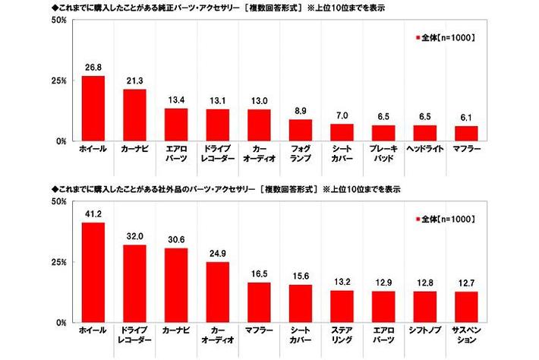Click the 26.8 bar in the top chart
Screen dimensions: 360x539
tap(93, 108)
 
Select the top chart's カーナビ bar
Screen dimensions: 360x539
tap(134, 115)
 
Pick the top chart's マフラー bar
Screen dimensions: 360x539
tap(466, 133)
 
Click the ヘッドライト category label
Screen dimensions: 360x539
tap(425, 149)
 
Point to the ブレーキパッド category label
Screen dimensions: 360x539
tap(383, 153)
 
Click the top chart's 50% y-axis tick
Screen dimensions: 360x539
tap(58, 20)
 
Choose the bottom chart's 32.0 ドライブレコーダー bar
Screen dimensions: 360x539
tap(134, 283)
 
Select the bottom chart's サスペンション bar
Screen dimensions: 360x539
tap(466, 307)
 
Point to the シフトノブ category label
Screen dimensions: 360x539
tap(425, 331)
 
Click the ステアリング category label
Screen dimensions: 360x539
tap(342, 336)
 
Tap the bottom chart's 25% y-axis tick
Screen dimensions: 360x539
tap(58, 262)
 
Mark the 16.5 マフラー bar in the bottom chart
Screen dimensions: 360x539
tap(259, 302)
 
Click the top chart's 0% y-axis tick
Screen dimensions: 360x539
tap(61, 141)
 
